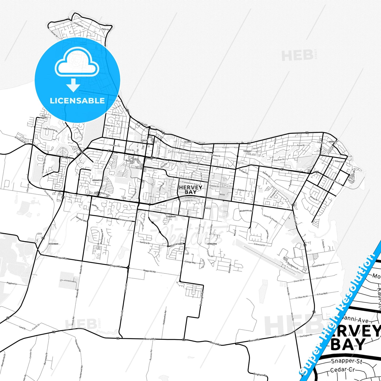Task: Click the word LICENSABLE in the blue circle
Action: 77,101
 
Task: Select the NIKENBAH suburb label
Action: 53,244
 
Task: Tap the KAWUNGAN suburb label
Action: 171,216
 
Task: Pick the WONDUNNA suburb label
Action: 212,244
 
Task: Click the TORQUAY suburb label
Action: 247,151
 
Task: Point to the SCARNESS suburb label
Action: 189,142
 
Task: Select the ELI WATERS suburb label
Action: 44,117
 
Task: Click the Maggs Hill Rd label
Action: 149,271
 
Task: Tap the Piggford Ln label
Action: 12,284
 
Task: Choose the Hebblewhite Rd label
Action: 165,317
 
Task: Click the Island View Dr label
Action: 319,265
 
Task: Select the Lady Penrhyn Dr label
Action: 50,129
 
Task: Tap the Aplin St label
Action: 106,29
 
